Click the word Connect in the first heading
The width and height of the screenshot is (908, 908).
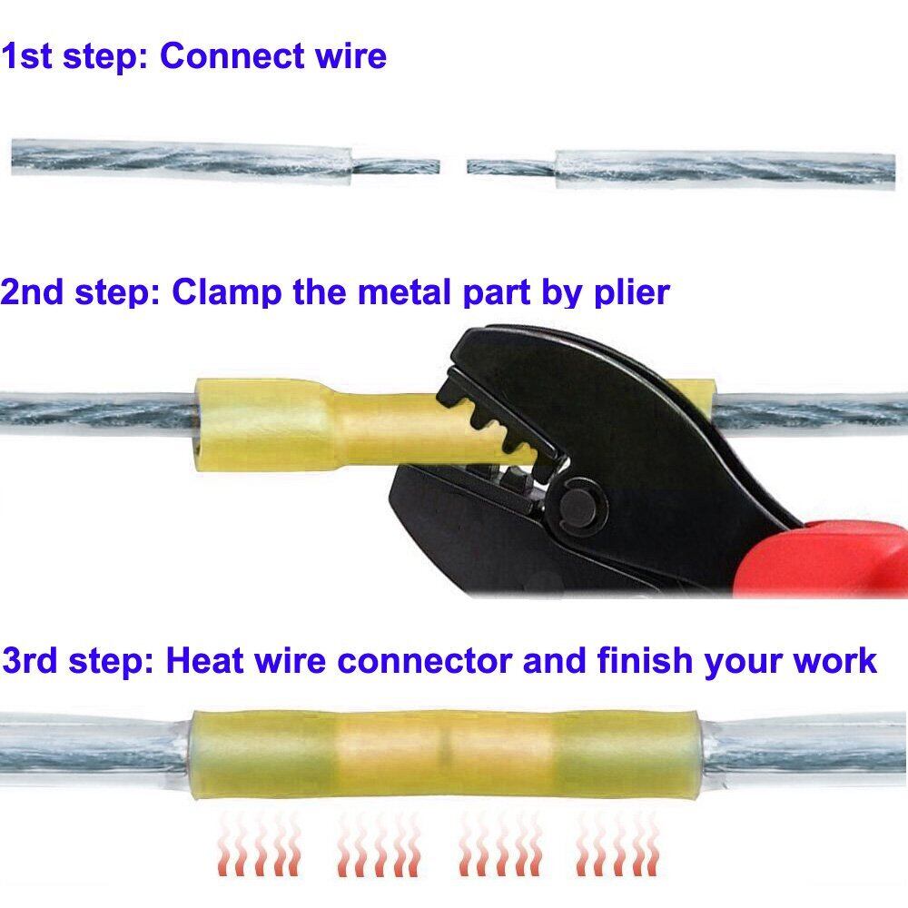232,56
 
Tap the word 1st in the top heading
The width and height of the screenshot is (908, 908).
26,56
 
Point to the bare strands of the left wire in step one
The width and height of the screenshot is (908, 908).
395,167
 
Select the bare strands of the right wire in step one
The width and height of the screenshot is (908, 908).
511,167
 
